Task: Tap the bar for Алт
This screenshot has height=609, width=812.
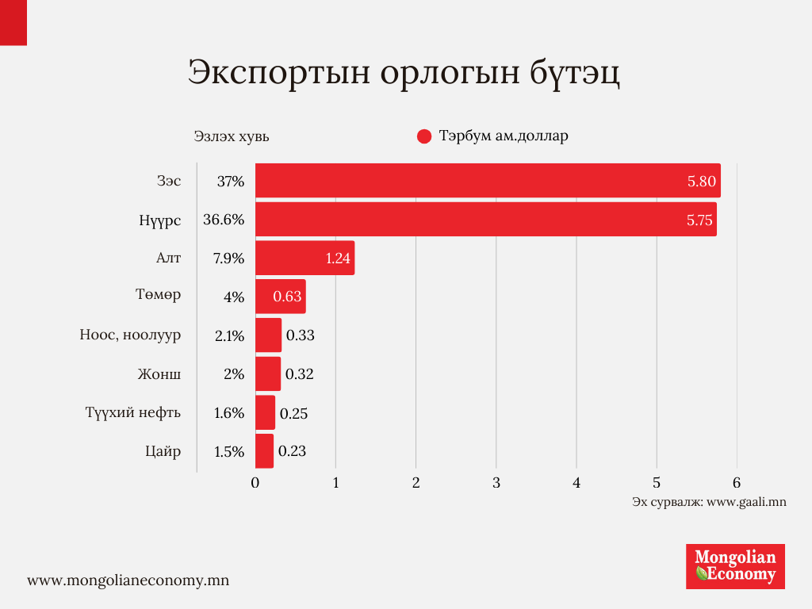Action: [304, 258]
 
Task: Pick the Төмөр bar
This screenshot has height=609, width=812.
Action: [280, 297]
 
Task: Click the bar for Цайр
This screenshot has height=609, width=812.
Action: [264, 451]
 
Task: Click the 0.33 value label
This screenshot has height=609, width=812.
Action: [301, 335]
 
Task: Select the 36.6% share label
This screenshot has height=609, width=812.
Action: [223, 220]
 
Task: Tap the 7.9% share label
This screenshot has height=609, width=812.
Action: [228, 259]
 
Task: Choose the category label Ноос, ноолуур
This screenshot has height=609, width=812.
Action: [130, 335]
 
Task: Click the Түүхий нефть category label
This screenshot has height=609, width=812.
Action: [133, 412]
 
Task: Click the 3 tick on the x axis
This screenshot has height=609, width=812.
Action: [496, 483]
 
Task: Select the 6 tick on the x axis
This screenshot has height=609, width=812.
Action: [737, 483]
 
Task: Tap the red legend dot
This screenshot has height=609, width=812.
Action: [423, 136]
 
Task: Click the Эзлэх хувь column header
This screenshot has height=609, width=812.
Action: [232, 136]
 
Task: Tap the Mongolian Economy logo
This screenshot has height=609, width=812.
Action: [735, 565]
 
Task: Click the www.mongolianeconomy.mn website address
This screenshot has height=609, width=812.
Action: [128, 580]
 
